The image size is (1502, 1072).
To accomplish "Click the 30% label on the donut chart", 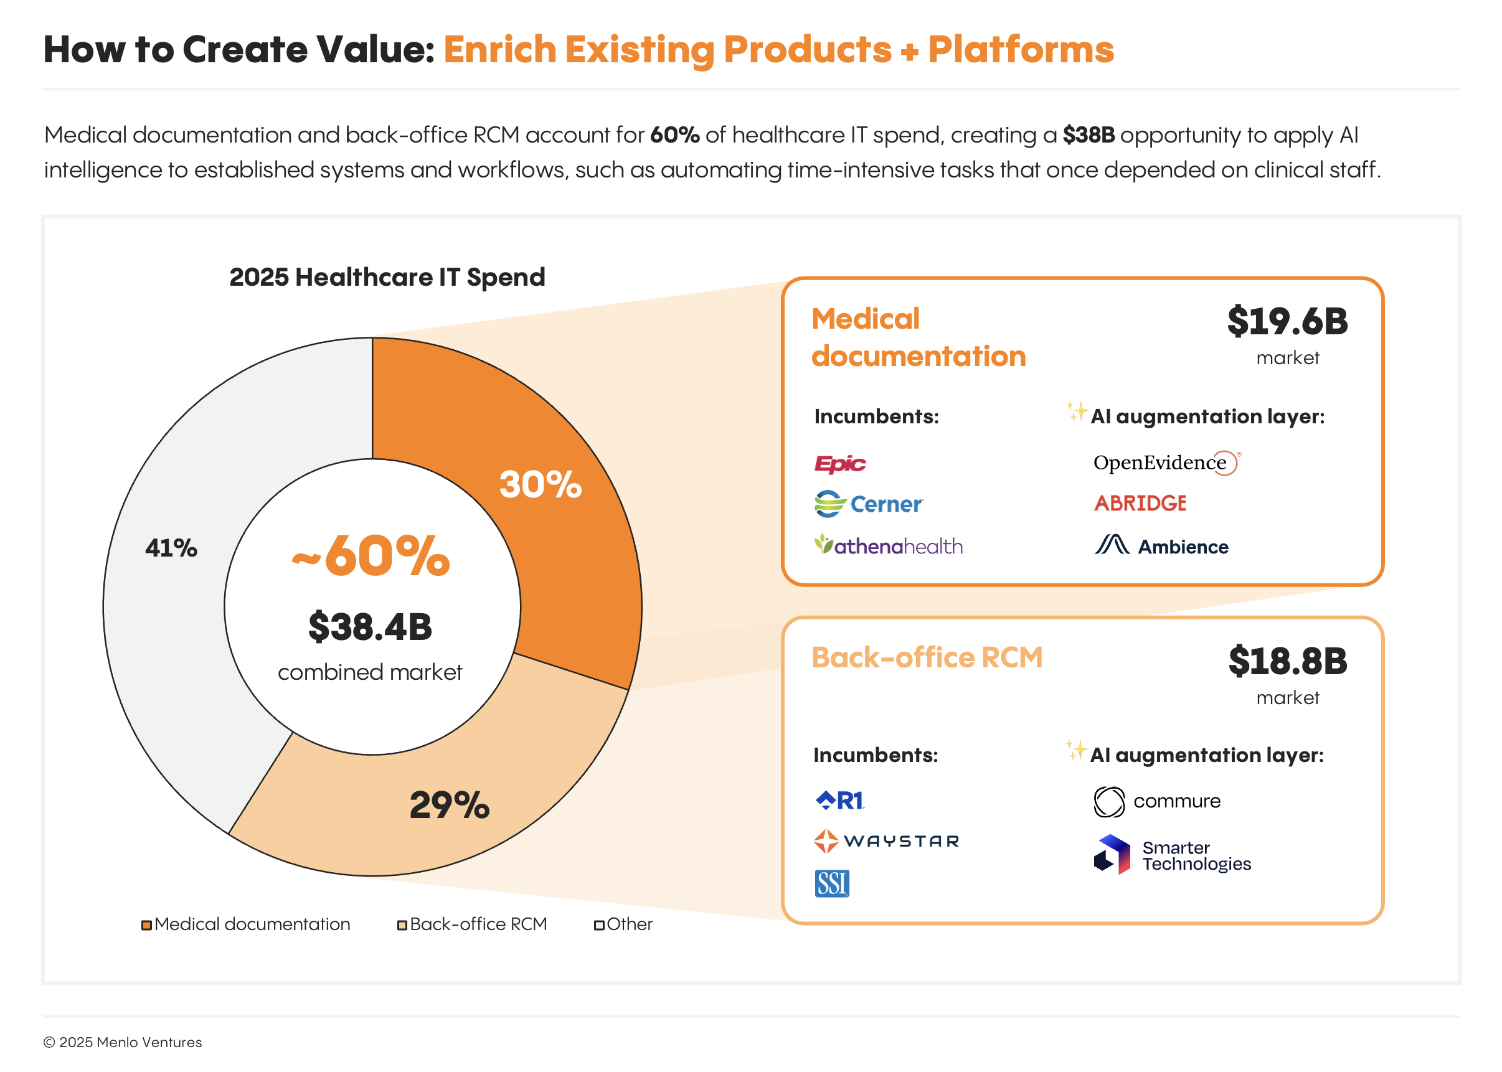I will point(540,485).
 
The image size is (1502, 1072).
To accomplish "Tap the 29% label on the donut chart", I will point(450,806).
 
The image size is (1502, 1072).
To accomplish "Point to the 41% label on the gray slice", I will point(171,548).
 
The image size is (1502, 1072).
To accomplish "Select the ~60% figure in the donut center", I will point(371,556).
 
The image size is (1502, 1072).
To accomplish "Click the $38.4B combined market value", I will point(370,627).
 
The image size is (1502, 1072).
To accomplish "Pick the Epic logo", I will point(839,464).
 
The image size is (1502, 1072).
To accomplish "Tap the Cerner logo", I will point(868,504).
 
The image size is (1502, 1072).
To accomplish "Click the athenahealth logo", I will point(888,546).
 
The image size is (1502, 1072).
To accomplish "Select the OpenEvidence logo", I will point(1166,463).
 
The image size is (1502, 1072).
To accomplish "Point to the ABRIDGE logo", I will point(1140,504).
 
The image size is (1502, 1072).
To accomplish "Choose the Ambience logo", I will point(1161,546).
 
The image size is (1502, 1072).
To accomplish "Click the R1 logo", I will point(840,801).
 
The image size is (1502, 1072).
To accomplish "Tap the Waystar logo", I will point(886,842).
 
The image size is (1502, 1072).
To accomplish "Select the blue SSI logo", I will point(831,883).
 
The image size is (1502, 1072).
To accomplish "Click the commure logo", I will point(1157,801).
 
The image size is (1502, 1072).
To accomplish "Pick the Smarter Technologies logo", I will point(1172,855).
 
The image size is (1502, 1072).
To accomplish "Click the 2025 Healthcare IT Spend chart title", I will point(387,277).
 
